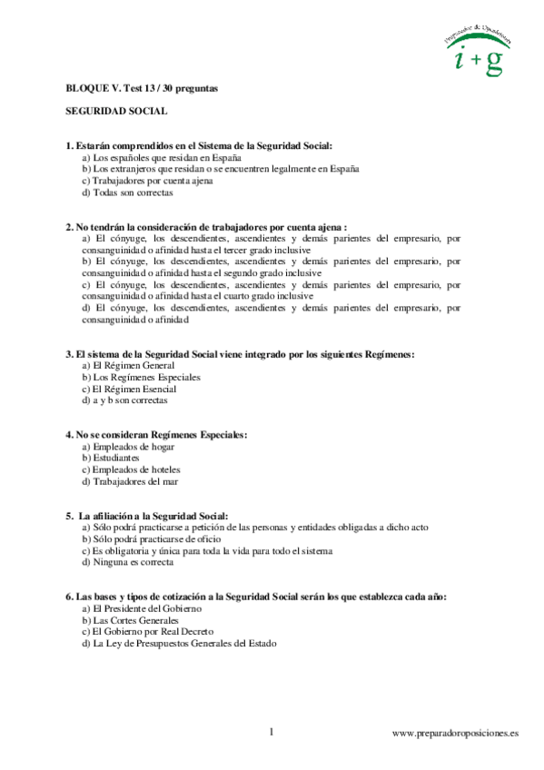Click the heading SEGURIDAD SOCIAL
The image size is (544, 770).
[x=116, y=112]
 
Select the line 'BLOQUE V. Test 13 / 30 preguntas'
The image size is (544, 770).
[x=142, y=89]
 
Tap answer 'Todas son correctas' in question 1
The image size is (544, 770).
[x=127, y=192]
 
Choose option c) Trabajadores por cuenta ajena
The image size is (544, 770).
[x=147, y=181]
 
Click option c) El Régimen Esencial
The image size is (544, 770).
[x=127, y=389]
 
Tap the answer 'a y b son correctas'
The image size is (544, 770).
[x=124, y=400]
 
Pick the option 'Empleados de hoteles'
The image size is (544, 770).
[x=131, y=469]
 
